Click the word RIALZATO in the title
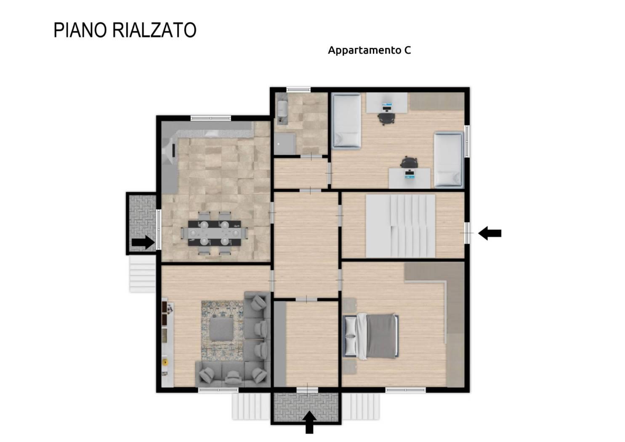(154, 30)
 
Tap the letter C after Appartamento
(407, 50)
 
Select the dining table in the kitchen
(214, 233)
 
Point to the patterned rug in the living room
(222, 330)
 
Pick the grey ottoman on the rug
(221, 329)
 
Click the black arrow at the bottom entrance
(309, 422)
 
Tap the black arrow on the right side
(489, 233)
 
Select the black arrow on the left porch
(143, 242)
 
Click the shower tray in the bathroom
(285, 144)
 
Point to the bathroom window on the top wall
(298, 90)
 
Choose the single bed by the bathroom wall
(346, 120)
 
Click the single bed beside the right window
(448, 160)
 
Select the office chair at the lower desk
(409, 162)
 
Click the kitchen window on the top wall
(211, 118)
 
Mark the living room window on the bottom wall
(218, 390)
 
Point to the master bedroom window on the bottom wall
(406, 390)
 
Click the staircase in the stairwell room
(400, 226)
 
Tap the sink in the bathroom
(282, 109)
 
